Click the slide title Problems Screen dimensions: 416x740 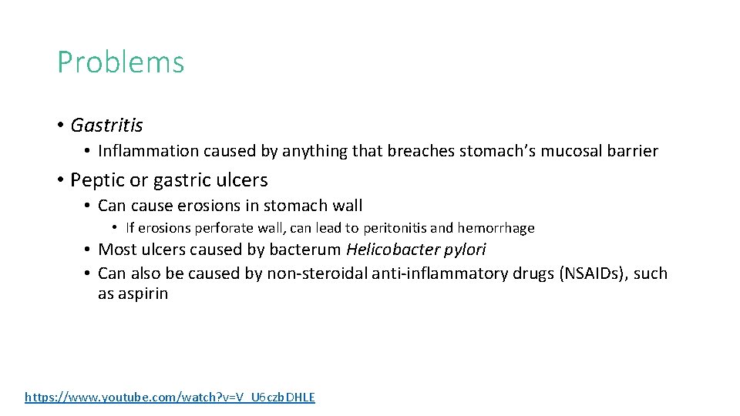(121, 62)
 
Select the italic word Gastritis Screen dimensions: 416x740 (106, 125)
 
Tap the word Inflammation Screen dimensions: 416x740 (139, 151)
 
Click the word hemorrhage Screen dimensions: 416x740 (496, 228)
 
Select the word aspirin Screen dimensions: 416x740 (143, 294)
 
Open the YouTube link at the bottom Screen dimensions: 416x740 (170, 398)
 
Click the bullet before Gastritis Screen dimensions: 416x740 (60, 126)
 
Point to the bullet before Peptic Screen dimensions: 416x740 (60, 181)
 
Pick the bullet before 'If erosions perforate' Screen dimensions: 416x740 (114, 228)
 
